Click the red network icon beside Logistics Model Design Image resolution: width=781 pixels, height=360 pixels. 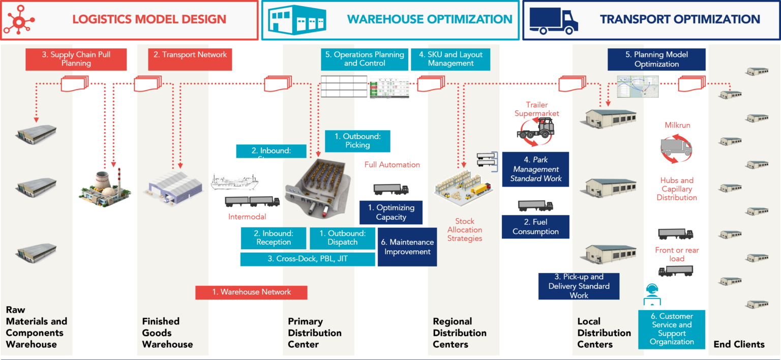pos(19,19)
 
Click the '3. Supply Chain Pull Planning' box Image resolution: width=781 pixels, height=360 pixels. pos(76,59)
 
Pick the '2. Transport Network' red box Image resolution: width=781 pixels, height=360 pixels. pos(190,59)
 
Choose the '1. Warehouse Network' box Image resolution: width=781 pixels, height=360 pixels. pos(251,292)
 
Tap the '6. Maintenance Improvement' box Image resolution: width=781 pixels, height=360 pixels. pos(407,247)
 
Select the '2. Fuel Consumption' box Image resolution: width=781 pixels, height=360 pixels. pos(535,227)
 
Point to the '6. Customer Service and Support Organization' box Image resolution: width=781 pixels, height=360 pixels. pos(672,329)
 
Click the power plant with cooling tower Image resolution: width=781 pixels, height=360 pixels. pos(104,189)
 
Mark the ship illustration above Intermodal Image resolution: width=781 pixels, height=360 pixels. pos(234,182)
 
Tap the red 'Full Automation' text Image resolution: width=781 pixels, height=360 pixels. pos(392,165)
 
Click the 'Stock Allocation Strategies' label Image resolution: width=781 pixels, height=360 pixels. pos(464,230)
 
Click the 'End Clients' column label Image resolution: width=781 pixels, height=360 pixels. pos(739,344)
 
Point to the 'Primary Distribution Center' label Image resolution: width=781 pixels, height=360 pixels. pos(315,333)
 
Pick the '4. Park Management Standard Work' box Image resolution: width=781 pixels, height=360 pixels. pos(536,169)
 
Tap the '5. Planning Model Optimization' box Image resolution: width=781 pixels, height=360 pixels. pos(656,59)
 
